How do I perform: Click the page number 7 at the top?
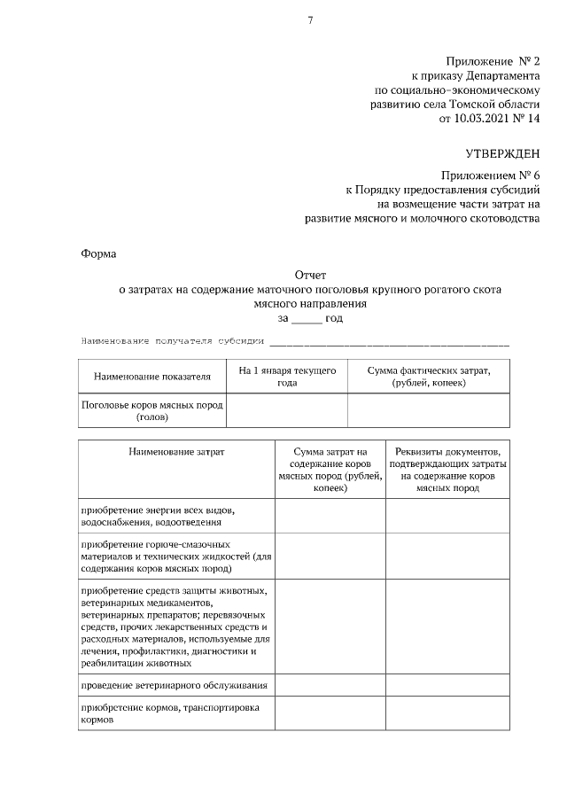[310, 22]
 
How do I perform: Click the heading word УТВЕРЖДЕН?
[502, 154]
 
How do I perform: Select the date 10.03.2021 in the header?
[479, 118]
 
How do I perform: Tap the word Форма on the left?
[99, 253]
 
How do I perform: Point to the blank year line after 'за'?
[307, 318]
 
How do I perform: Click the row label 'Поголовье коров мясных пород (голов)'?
[152, 409]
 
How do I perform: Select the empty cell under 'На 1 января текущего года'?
[287, 409]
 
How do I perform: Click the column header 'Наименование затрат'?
[176, 452]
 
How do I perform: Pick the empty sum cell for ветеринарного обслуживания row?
[330, 686]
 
